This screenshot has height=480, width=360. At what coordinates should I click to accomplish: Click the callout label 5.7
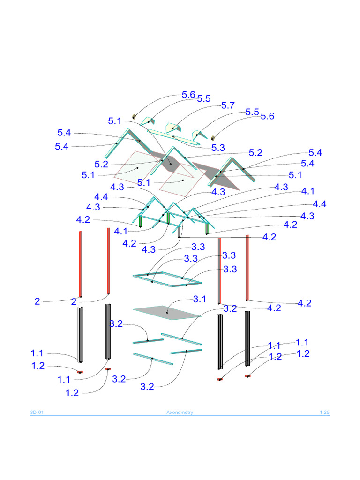[228, 105]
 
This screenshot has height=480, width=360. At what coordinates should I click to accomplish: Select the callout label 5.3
[218, 148]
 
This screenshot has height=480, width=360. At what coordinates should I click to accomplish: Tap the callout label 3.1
[200, 300]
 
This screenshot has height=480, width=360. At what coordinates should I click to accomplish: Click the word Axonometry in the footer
[180, 412]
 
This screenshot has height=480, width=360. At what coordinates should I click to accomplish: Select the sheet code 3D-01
[37, 412]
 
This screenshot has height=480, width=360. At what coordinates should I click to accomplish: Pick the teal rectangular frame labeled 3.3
[167, 279]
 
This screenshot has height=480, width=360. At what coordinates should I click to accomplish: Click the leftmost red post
[81, 263]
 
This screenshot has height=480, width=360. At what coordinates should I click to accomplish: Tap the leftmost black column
[81, 335]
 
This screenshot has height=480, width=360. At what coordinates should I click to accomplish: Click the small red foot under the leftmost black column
[80, 372]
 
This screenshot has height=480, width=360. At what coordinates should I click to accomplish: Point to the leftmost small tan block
[135, 116]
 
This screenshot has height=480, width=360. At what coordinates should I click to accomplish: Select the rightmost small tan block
[213, 138]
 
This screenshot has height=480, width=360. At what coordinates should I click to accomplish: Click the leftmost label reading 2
[37, 302]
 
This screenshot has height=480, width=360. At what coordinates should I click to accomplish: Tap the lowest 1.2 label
[72, 393]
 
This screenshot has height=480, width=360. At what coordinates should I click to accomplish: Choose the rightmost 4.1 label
[308, 191]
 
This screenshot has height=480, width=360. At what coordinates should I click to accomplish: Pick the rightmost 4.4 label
[320, 204]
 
